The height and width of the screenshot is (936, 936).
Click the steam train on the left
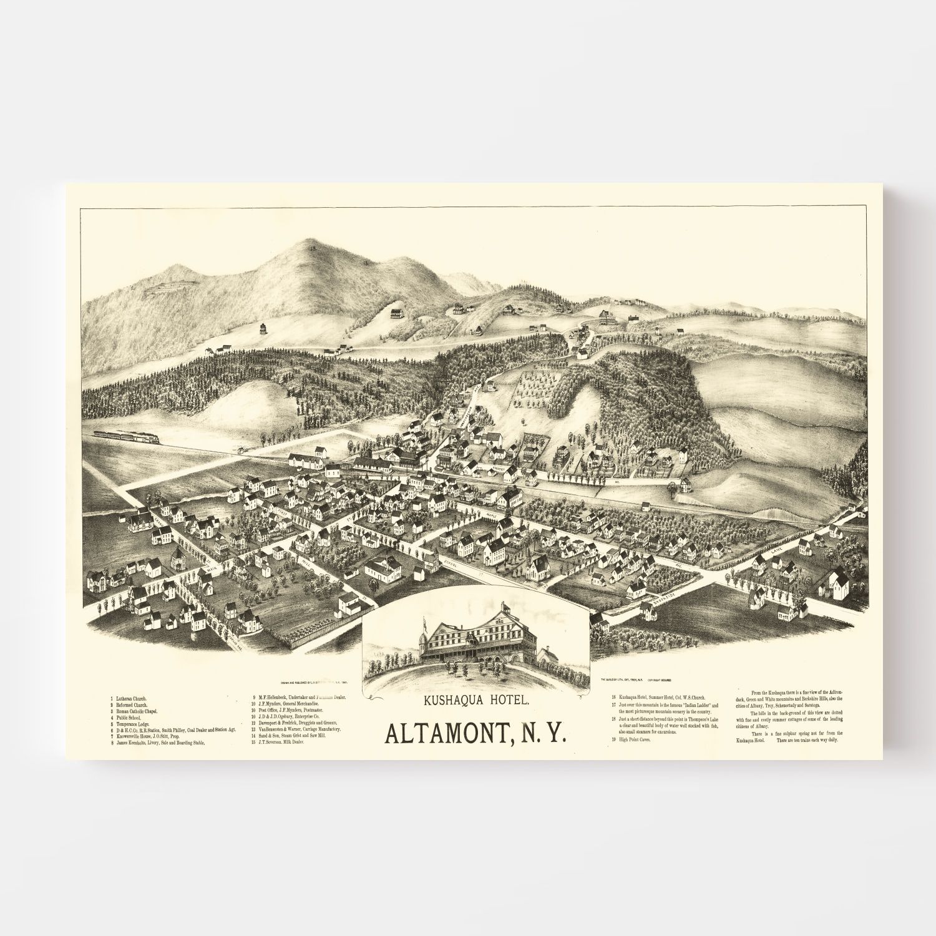click(x=125, y=436)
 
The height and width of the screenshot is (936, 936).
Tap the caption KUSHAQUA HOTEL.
click(x=476, y=701)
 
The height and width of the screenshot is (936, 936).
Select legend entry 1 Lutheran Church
click(x=132, y=698)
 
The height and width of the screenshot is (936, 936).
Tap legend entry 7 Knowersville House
click(x=150, y=737)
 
